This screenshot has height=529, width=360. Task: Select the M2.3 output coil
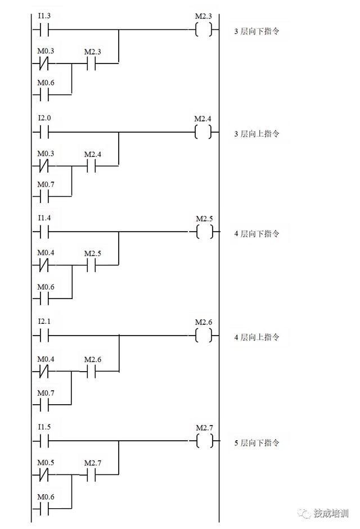pyautogui.click(x=204, y=29)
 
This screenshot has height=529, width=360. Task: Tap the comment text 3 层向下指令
pyautogui.click(x=257, y=31)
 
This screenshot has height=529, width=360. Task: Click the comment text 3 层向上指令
pyautogui.click(x=257, y=134)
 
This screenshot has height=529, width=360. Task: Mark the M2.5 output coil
pyautogui.click(x=205, y=231)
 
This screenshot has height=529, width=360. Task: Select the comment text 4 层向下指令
pyautogui.click(x=257, y=233)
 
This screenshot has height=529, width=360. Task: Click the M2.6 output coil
pyautogui.click(x=204, y=336)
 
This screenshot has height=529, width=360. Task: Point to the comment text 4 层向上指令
pyautogui.click(x=257, y=337)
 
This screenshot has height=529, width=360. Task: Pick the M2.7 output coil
pyautogui.click(x=205, y=441)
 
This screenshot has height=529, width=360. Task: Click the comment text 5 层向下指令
pyautogui.click(x=257, y=443)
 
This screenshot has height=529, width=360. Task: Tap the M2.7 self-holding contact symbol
pyautogui.click(x=91, y=475)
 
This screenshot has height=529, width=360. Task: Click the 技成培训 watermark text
pyautogui.click(x=331, y=513)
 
